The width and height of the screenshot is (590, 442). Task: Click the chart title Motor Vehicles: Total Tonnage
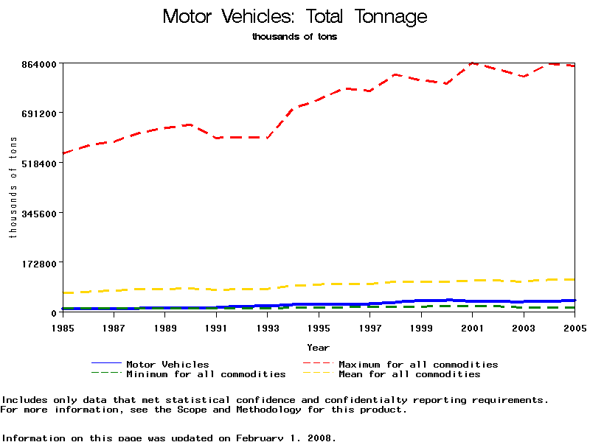(294, 17)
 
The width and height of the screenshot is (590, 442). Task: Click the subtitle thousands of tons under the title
(294, 37)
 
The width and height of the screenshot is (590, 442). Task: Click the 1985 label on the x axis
(63, 327)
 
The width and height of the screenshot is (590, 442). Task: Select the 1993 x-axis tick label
(268, 327)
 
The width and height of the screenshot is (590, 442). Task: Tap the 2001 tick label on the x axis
(473, 327)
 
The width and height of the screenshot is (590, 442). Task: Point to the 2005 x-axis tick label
(575, 327)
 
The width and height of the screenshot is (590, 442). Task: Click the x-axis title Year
(319, 347)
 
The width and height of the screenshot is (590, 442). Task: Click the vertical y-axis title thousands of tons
(13, 188)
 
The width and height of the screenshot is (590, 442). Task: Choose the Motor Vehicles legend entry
(167, 364)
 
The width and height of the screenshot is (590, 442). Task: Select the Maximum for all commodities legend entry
(418, 364)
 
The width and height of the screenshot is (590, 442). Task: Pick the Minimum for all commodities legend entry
(206, 374)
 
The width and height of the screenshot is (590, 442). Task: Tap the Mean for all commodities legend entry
(409, 374)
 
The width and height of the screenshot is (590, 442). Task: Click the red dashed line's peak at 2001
(473, 63)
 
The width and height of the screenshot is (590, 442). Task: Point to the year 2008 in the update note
(322, 438)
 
